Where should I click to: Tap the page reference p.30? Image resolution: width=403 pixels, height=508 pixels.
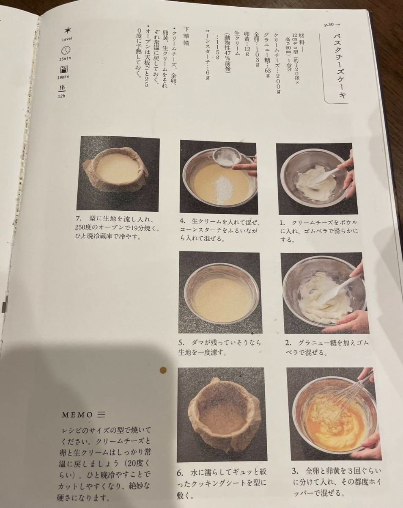click(329, 25)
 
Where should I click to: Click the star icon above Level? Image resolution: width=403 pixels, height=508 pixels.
click(67, 30)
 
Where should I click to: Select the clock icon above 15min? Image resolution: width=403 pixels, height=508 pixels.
click(66, 50)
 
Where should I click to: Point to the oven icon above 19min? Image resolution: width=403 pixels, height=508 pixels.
click(64, 70)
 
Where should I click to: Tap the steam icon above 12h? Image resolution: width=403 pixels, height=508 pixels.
click(62, 88)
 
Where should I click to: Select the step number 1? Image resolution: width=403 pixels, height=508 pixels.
click(282, 223)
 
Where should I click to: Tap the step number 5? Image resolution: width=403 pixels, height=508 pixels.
click(181, 343)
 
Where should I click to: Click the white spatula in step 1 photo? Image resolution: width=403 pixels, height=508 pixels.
click(323, 174)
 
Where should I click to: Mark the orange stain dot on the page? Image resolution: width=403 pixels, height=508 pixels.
click(163, 370)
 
